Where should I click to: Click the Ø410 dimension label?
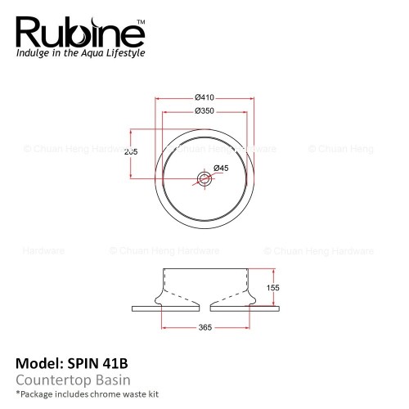pos(204,97)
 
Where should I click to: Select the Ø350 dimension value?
pos(204,111)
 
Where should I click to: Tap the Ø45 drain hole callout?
pos(221,168)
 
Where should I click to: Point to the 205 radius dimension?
pos(131,151)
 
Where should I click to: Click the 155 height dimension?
pos(272,288)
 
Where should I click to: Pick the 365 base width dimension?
pos(205,327)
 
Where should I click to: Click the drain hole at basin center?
pos(204,179)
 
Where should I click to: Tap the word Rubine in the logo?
pos(80,33)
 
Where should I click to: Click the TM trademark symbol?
pos(141,22)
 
